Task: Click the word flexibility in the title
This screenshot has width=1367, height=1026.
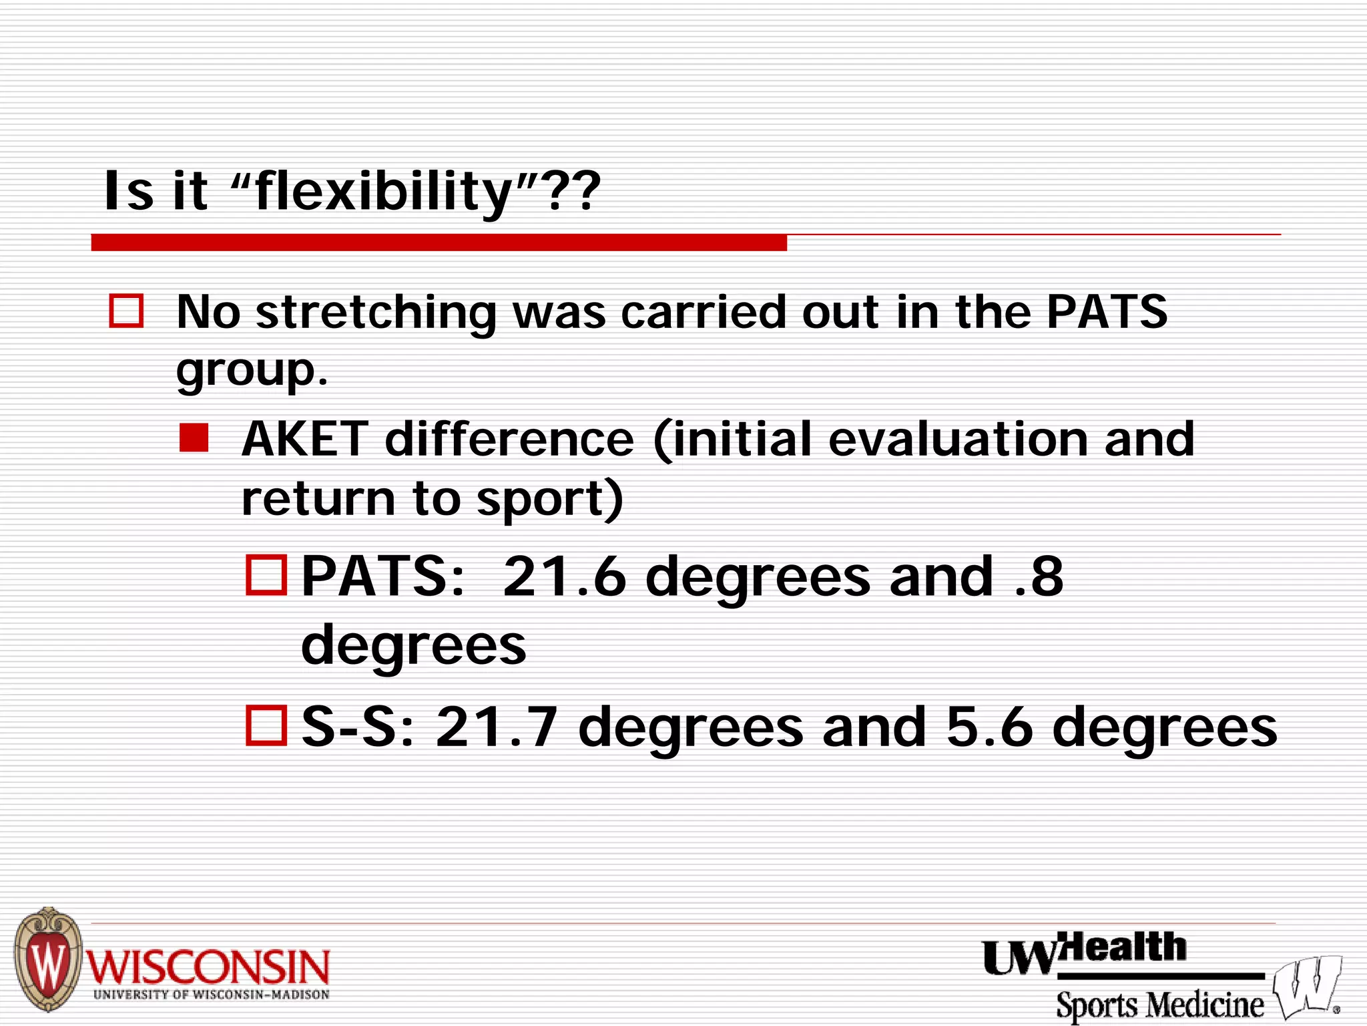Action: [x=384, y=192]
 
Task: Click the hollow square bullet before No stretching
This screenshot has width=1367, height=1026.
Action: [x=126, y=311]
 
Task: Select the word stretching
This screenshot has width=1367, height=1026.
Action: [x=375, y=313]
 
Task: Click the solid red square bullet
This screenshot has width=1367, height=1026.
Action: [x=194, y=438]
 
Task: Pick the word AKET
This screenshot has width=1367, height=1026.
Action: [x=304, y=439]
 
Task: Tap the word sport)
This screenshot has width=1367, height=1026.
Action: [x=549, y=499]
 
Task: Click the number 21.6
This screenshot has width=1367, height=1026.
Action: [x=564, y=576]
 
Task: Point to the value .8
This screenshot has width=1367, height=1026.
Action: [x=1039, y=576]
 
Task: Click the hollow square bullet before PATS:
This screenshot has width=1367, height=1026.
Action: [x=266, y=575]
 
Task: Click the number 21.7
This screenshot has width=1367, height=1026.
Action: [x=497, y=727]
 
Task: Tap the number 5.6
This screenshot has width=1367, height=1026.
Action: [x=989, y=727]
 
